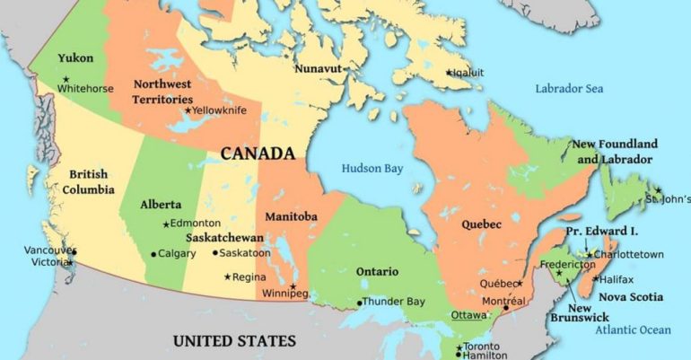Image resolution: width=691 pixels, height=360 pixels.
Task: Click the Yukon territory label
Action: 75,58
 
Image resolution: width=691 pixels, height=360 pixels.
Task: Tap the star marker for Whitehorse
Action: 66,79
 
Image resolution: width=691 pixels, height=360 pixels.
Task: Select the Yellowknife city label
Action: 221,110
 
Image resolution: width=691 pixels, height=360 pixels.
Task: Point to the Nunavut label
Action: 320,67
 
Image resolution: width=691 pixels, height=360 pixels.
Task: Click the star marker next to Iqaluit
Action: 449,73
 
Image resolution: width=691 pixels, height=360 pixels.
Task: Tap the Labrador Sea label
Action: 569,89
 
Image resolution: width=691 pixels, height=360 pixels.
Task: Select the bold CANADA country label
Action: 258,154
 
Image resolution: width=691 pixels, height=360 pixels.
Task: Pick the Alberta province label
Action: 161,205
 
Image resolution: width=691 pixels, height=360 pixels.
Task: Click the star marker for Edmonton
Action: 166,224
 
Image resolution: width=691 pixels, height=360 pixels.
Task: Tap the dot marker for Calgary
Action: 153,254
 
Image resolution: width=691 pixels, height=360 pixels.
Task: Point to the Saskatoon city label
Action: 245,253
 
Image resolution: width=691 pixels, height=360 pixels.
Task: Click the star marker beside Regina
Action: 227,277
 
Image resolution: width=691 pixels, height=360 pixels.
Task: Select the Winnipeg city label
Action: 285,294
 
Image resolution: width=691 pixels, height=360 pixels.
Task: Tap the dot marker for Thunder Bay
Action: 360,302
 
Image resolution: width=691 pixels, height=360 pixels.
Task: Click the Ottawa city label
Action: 468,316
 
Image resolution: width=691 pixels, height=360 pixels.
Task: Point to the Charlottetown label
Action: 631,254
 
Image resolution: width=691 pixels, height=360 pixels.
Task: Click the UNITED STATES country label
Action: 233,341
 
